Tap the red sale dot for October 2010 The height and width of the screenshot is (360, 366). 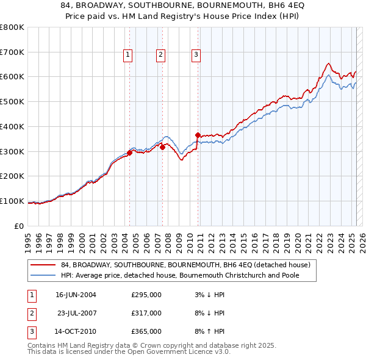click(x=198, y=135)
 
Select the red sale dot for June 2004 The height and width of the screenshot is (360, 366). click(x=129, y=153)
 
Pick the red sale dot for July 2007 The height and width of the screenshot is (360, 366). click(x=163, y=147)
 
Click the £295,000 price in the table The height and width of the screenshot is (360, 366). click(x=146, y=295)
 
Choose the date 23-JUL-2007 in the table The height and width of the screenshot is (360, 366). click(x=77, y=313)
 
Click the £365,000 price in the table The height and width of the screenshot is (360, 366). click(x=146, y=331)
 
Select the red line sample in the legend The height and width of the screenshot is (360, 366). click(x=43, y=265)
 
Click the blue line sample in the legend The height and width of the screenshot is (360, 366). click(x=43, y=275)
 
